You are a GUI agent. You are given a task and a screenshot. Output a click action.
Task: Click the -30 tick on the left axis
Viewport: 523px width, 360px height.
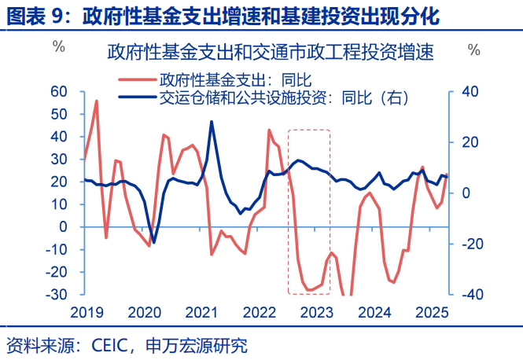click(57, 295)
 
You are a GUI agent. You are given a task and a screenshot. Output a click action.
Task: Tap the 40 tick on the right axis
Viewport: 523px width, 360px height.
click(470, 91)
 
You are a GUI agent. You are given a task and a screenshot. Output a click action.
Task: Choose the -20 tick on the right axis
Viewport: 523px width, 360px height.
click(469, 244)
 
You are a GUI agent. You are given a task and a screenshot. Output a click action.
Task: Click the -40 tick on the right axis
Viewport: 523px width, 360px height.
click(469, 295)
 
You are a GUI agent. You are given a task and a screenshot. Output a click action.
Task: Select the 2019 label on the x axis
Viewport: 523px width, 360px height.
click(87, 312)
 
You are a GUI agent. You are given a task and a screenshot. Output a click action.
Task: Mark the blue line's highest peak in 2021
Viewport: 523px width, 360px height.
click(211, 122)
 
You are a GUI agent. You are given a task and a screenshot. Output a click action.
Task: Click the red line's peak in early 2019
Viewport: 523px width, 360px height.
click(97, 101)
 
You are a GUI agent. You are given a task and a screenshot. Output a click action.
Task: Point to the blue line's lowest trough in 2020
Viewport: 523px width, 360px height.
click(153, 242)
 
